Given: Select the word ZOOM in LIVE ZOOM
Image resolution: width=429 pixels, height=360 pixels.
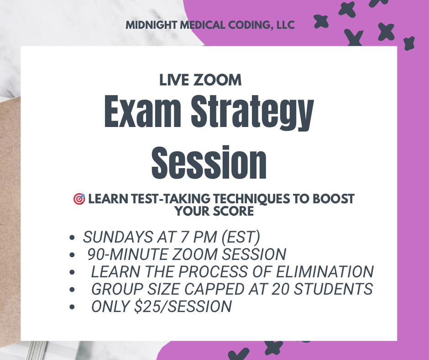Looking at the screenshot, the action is click(217, 80).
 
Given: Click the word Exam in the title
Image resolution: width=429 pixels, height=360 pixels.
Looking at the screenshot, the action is click(142, 111).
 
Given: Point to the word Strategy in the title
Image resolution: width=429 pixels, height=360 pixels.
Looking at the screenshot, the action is click(252, 112).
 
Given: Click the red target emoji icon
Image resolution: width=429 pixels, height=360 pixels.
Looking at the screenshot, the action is click(79, 199).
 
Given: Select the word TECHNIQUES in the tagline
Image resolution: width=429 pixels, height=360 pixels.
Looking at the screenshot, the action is click(251, 199).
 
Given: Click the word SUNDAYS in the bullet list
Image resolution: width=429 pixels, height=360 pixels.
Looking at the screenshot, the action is click(118, 237).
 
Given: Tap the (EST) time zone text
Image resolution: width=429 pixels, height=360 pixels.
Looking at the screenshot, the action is click(241, 237).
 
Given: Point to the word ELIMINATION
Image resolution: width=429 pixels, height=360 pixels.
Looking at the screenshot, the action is click(325, 272).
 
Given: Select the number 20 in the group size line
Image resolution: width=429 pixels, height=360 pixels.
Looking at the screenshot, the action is click(280, 289).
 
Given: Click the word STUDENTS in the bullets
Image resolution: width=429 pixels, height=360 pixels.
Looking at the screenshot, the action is click(333, 289).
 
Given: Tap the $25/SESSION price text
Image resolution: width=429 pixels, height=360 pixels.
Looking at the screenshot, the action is click(183, 306).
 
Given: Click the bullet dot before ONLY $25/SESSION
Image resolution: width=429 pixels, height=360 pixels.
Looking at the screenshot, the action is click(72, 307).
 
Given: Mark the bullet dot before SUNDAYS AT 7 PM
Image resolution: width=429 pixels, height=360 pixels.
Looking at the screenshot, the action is click(72, 238).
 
